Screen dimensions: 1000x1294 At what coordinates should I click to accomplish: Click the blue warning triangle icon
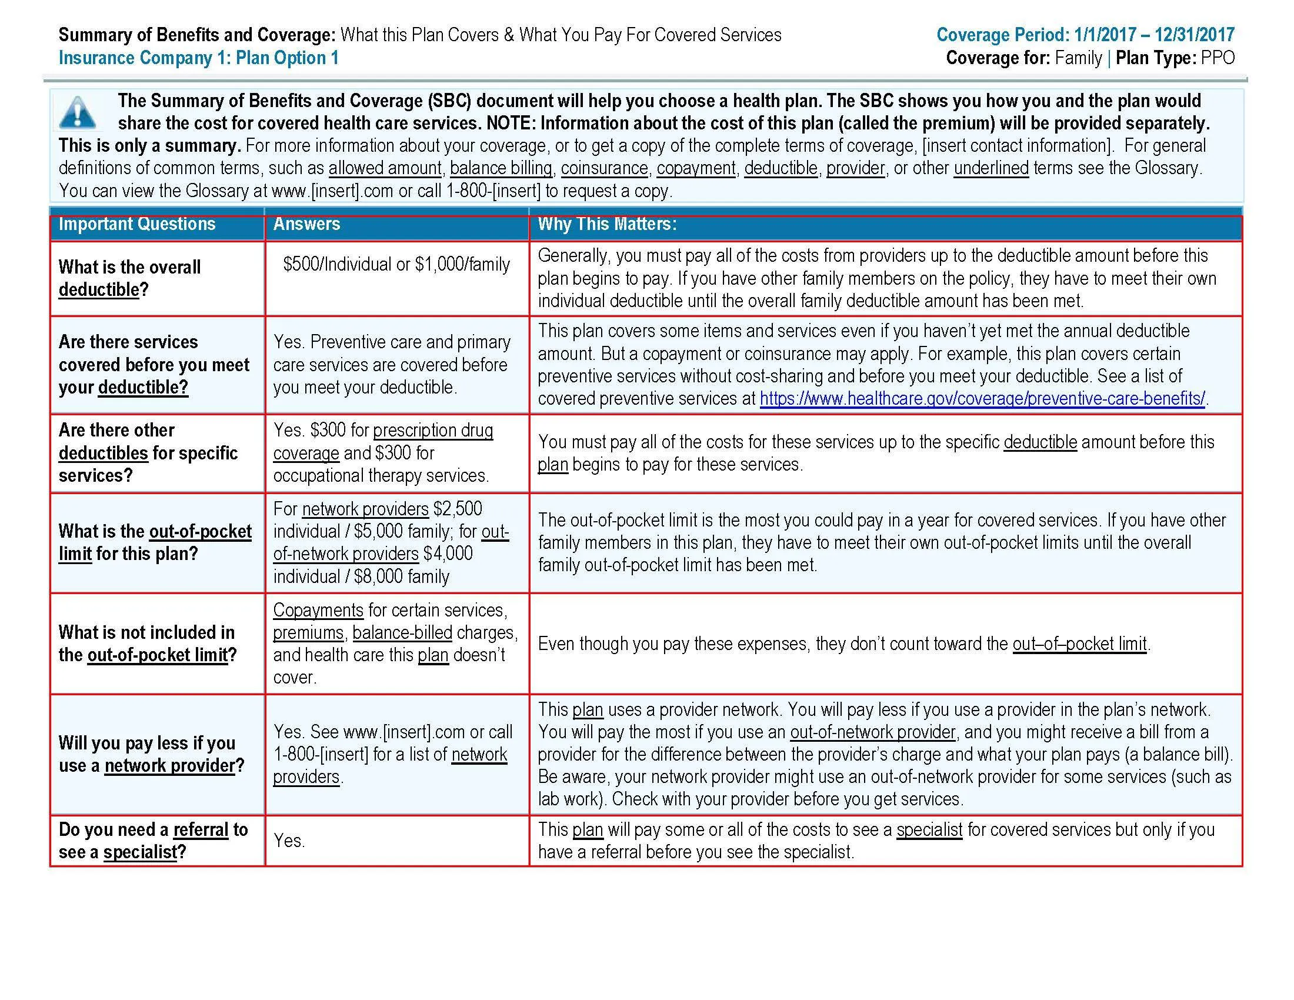(x=78, y=112)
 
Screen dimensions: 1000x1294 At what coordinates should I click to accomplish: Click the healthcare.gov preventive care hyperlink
(x=982, y=399)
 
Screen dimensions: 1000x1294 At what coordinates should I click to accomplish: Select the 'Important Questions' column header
(x=137, y=224)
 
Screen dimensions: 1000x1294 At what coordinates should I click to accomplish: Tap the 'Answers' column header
(x=306, y=224)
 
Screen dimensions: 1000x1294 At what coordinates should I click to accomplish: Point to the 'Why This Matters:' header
(x=607, y=224)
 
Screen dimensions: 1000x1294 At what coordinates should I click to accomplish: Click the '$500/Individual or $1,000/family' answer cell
(x=396, y=264)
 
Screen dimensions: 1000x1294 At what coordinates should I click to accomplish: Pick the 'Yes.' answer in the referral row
(x=289, y=841)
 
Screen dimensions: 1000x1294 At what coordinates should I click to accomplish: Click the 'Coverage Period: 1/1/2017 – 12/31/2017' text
(x=1085, y=35)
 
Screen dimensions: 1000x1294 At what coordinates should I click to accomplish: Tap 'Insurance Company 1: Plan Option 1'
(x=198, y=58)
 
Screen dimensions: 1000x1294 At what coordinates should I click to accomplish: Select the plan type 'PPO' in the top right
(x=1218, y=58)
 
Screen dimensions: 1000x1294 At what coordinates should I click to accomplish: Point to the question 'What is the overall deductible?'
(x=129, y=278)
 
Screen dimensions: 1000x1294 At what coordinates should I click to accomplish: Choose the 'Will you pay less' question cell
(x=151, y=754)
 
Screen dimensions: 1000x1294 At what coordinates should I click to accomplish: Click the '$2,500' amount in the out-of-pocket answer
(x=458, y=509)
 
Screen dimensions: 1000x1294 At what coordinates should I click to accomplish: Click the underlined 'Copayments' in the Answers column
(x=318, y=610)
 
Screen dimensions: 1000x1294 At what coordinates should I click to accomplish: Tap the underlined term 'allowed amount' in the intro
(x=385, y=168)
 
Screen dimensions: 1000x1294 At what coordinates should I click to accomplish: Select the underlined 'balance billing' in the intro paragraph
(x=501, y=168)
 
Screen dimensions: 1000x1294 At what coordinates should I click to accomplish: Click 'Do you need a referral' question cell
(x=153, y=841)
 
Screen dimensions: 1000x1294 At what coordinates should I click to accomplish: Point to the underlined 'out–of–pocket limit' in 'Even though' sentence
(x=1079, y=644)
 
